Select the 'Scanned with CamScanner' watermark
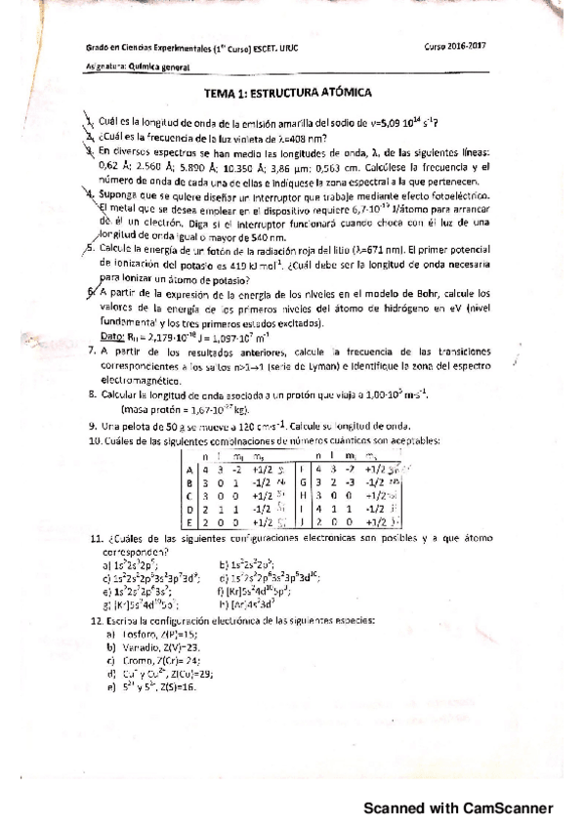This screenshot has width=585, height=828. click(459, 807)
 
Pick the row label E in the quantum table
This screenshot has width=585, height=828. click(188, 521)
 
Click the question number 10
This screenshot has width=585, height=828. click(96, 440)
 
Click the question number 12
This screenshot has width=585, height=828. click(96, 620)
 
